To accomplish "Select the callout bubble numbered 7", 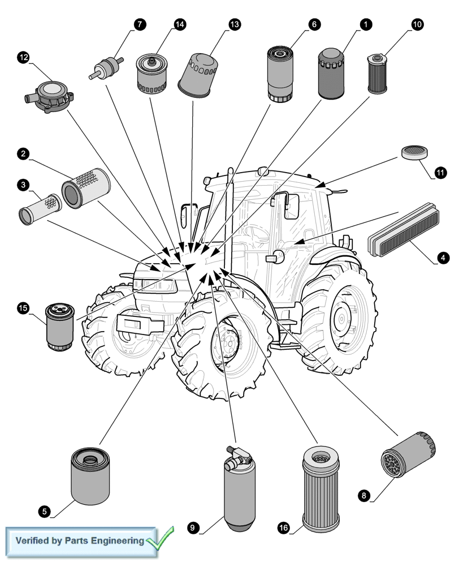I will (139, 24).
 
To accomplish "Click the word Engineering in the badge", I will (120, 541).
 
